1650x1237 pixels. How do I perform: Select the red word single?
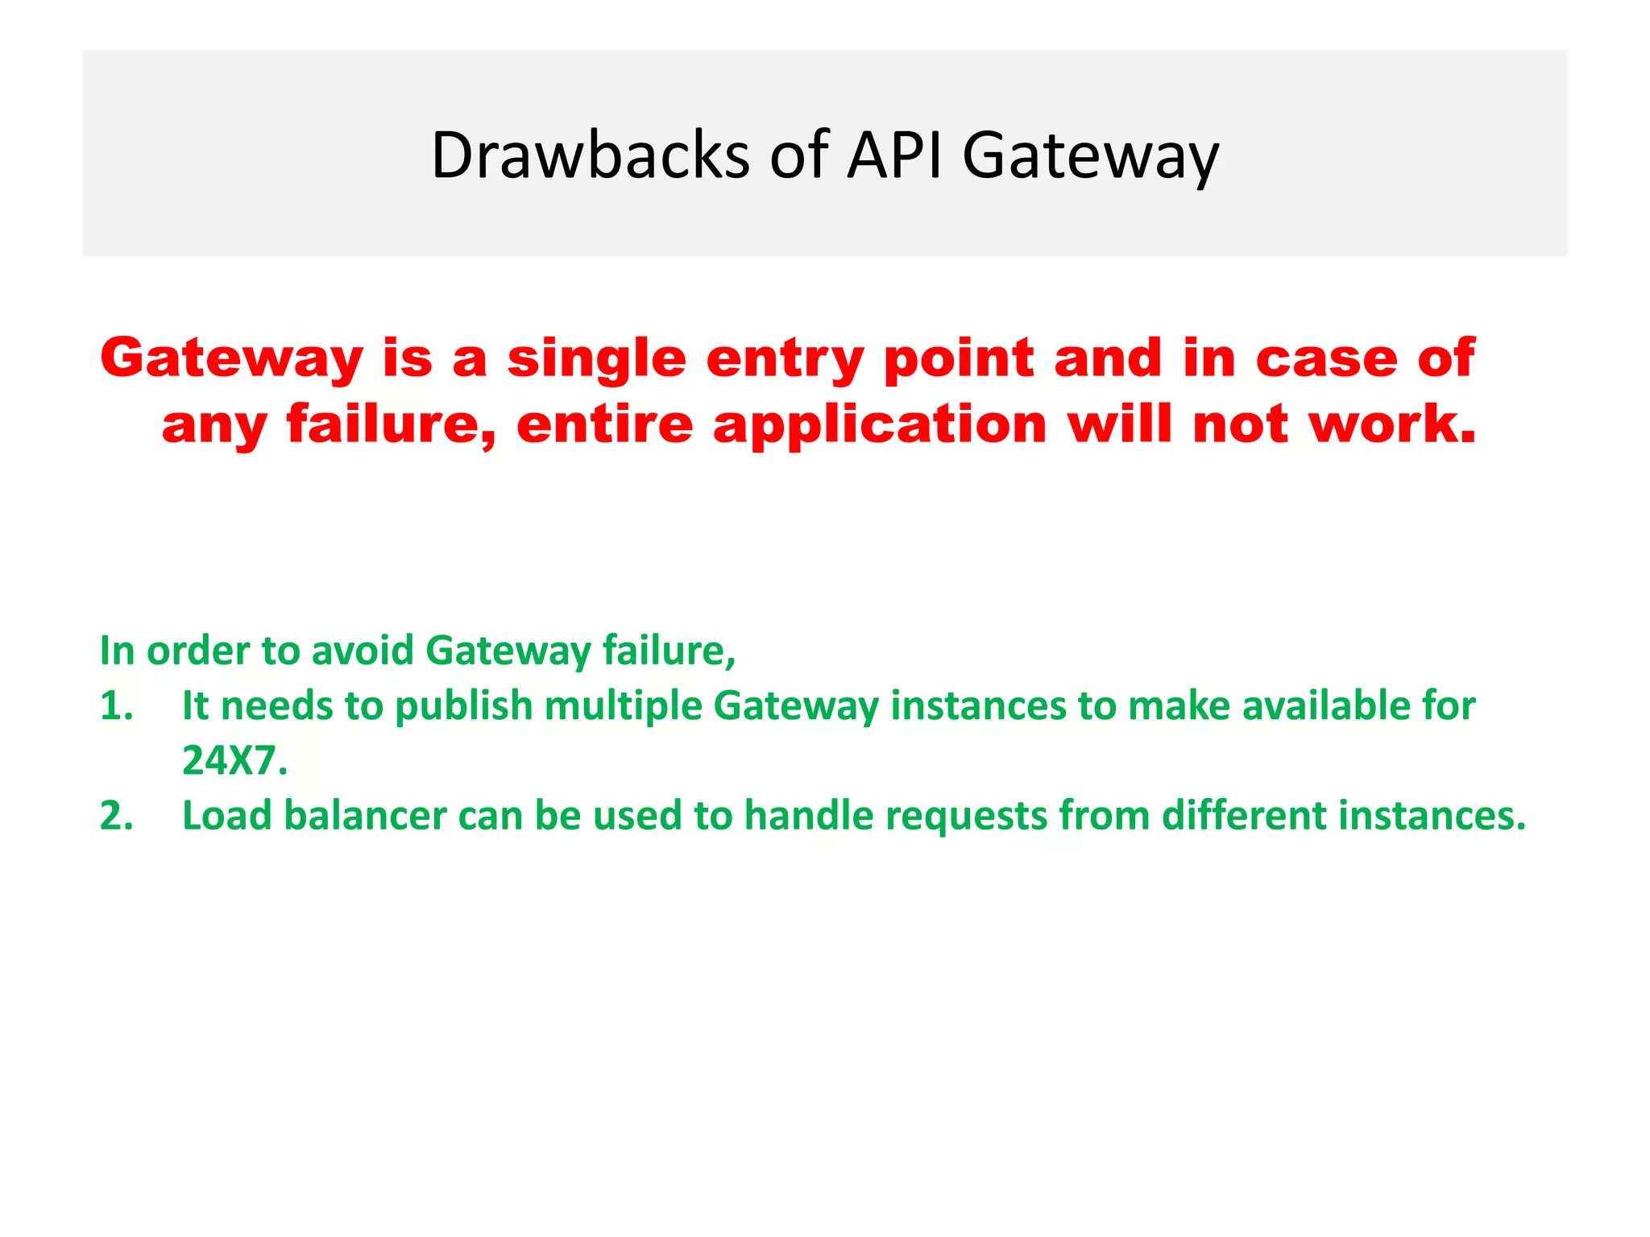[596, 358]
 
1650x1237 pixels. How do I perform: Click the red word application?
[880, 425]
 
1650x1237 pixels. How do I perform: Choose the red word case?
[1327, 358]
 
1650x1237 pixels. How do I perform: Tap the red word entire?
[604, 425]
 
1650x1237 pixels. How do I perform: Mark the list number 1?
[116, 705]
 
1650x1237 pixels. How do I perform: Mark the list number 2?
[116, 815]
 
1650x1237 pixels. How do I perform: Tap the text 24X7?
[234, 760]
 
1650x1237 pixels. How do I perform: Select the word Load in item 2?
[226, 815]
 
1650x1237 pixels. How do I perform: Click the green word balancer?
[365, 815]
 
